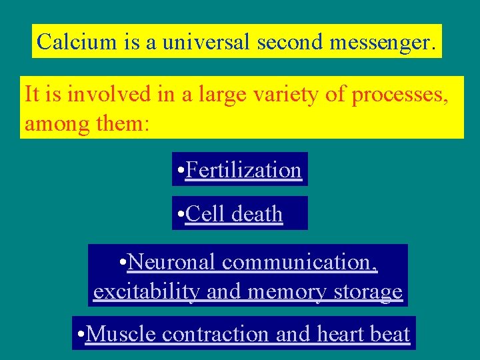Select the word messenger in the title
[x=381, y=43]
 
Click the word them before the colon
[x=118, y=123]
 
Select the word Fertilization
[x=243, y=170]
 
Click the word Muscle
[x=121, y=333]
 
